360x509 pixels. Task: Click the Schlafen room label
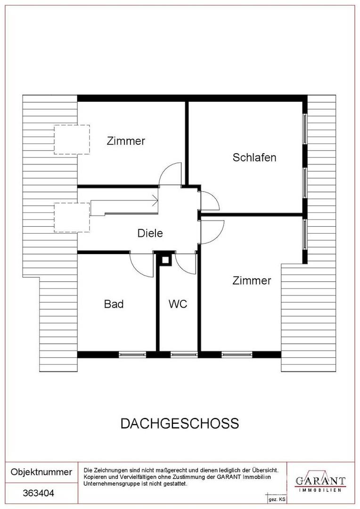[254, 157]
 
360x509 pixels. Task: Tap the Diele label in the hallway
[150, 233]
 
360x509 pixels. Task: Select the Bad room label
[114, 304]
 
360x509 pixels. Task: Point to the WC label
[178, 304]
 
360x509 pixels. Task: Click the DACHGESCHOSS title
[180, 423]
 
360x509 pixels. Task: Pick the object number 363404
[39, 493]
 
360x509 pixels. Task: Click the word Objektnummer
[41, 472]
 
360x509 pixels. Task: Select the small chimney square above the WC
[165, 260]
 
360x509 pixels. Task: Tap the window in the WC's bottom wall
[184, 354]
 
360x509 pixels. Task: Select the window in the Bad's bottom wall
[133, 354]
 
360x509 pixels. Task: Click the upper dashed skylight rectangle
[72, 140]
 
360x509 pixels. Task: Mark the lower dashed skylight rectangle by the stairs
[72, 217]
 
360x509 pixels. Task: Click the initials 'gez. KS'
[277, 499]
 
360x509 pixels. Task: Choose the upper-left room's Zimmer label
[126, 140]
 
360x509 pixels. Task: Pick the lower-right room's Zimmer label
[252, 281]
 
